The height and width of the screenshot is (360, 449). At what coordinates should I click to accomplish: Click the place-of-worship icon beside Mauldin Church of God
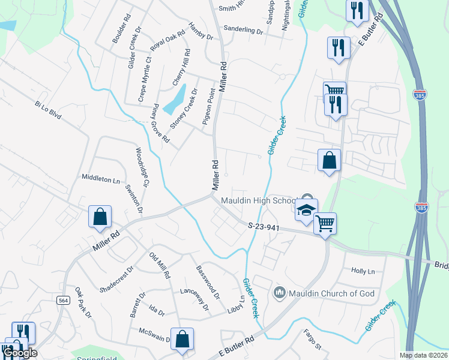pyautogui.click(x=279, y=293)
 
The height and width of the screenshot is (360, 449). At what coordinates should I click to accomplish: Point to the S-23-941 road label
pyautogui.click(x=264, y=226)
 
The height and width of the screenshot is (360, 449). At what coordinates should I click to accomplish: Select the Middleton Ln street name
pyautogui.click(x=101, y=179)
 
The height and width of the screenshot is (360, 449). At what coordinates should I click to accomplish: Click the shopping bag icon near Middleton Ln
pyautogui.click(x=100, y=217)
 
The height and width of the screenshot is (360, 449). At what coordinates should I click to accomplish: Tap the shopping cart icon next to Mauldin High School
pyautogui.click(x=325, y=224)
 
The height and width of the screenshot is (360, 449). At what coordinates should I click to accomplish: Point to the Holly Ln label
pyautogui.click(x=363, y=271)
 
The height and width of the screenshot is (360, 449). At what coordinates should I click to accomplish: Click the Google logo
pyautogui.click(x=20, y=353)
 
